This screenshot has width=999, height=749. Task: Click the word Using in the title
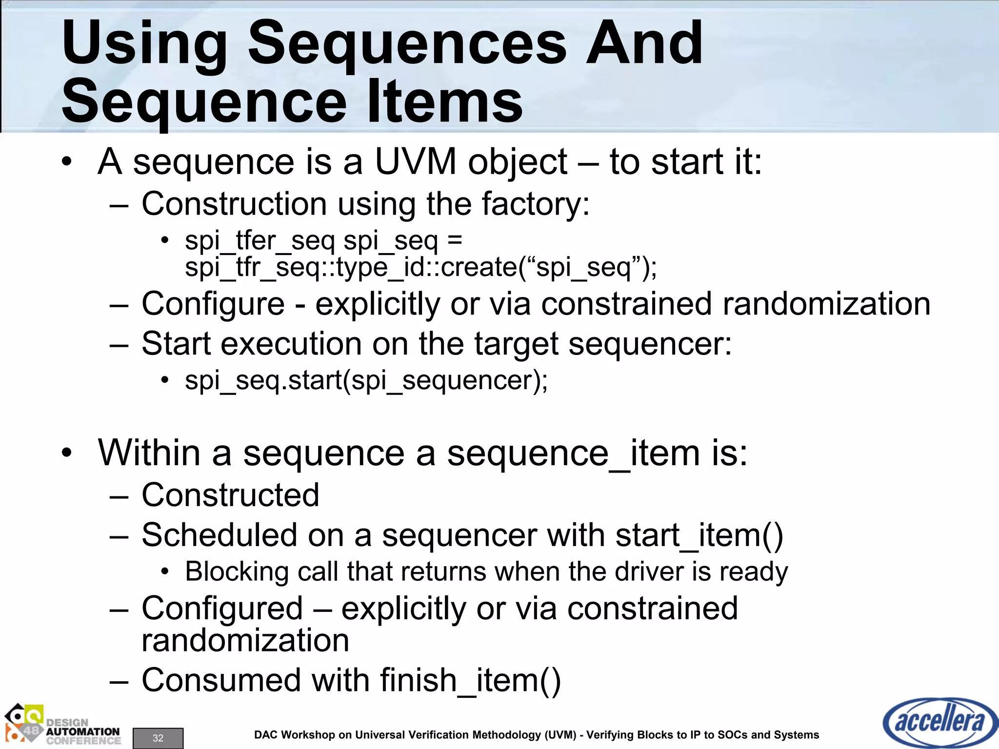tap(144, 45)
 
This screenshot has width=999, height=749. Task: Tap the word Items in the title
tap(444, 102)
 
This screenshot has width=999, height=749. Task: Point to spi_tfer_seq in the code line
tap(260, 240)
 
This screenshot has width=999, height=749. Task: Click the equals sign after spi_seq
tap(454, 240)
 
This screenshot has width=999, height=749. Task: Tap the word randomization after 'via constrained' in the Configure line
tap(826, 304)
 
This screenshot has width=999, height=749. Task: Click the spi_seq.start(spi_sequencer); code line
tap(366, 380)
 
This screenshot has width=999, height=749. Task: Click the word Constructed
tap(230, 495)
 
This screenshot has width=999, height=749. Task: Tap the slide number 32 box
tap(158, 738)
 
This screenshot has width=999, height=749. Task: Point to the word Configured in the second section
tap(222, 609)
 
